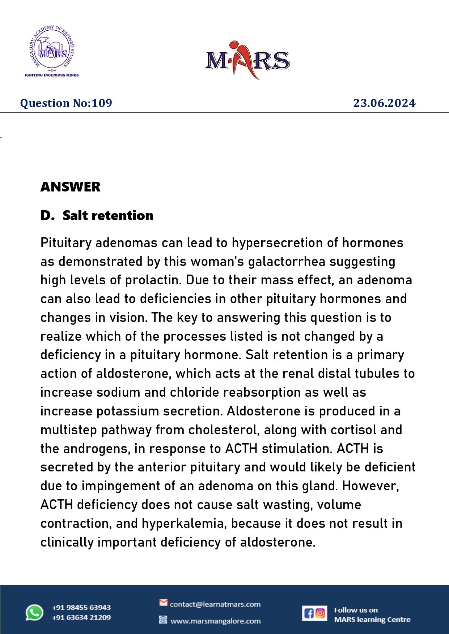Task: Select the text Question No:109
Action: point(66,103)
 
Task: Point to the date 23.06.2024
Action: point(384,103)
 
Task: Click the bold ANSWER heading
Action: point(71,187)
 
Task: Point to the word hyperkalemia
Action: point(184,523)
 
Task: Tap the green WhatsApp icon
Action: point(34,613)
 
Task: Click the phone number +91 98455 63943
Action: point(81,608)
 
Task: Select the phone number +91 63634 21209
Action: point(81,617)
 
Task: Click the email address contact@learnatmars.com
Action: point(215,604)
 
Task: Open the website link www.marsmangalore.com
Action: point(215,621)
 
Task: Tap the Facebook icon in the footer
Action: point(309,613)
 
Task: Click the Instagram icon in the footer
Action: point(320,613)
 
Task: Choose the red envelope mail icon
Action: point(164,603)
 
